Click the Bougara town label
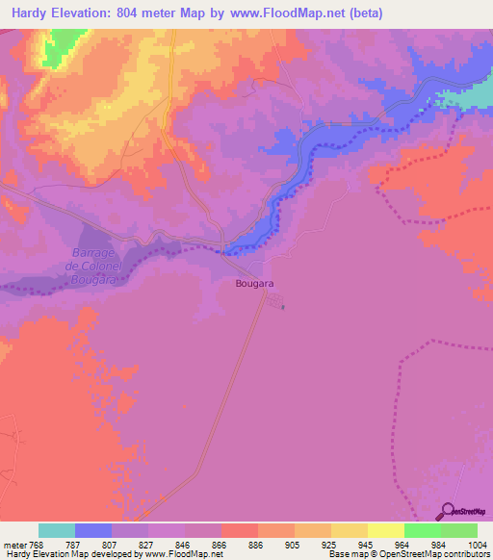[x=255, y=284]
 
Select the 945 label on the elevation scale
[x=366, y=544]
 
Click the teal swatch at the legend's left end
[x=57, y=530]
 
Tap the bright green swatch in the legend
[x=422, y=530]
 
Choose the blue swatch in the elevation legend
[x=93, y=530]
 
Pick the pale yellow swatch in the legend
[x=385, y=530]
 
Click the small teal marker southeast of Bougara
[x=283, y=307]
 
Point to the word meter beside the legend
[x=16, y=544]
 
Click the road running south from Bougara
[x=231, y=385]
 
